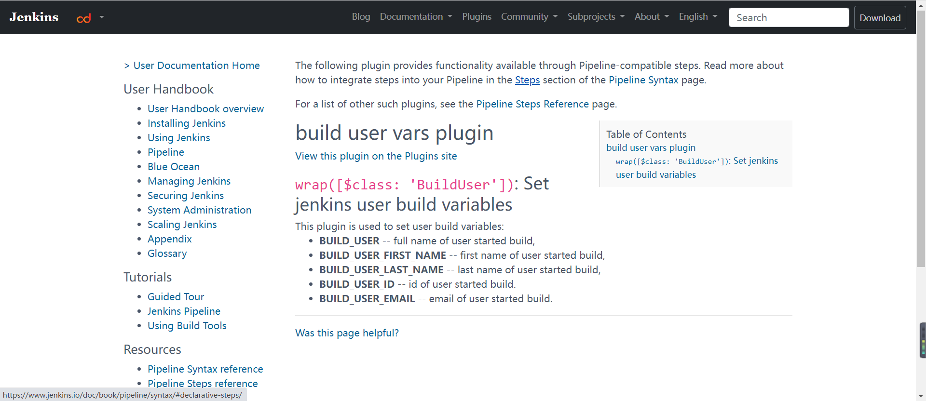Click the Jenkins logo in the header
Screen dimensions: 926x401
click(x=34, y=17)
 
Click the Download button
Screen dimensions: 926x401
click(x=880, y=18)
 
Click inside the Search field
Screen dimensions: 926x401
click(x=789, y=18)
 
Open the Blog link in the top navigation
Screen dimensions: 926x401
click(x=361, y=17)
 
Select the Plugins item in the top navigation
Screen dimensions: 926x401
click(x=477, y=17)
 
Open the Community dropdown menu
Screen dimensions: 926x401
click(x=529, y=17)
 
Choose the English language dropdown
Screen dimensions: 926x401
click(x=698, y=17)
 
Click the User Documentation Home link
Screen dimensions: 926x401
click(x=196, y=66)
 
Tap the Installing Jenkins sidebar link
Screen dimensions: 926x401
click(x=187, y=123)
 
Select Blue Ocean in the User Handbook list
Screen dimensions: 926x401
click(x=174, y=167)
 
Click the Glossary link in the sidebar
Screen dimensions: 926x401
click(x=167, y=254)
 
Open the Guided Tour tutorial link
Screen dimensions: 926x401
click(x=176, y=297)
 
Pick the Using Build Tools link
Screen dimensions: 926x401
click(x=187, y=326)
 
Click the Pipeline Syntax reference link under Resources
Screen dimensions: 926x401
click(x=205, y=369)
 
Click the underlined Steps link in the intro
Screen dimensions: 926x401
click(x=527, y=80)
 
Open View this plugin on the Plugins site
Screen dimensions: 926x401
click(x=376, y=156)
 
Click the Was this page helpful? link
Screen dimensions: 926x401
click(x=347, y=333)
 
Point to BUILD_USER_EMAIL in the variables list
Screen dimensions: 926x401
click(x=367, y=299)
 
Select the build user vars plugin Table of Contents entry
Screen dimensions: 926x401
click(x=651, y=148)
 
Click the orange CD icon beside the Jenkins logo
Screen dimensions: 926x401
click(x=84, y=18)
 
